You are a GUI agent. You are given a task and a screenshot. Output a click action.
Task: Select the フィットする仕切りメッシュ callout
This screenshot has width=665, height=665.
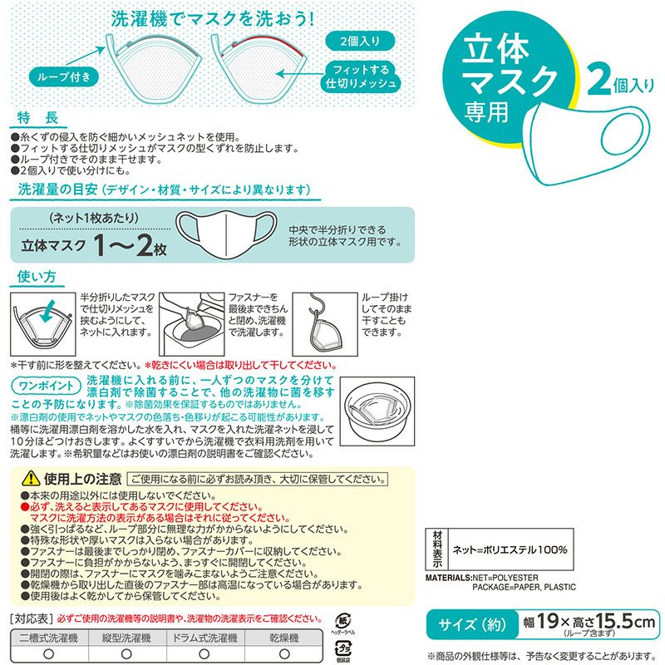coord(360,76)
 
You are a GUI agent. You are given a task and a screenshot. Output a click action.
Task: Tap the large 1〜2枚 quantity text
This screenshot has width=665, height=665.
coord(131,247)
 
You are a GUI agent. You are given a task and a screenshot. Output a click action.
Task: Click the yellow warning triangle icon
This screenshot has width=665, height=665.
coord(31,479)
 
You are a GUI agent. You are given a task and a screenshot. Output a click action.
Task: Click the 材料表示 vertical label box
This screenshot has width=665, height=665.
coord(436,549)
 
